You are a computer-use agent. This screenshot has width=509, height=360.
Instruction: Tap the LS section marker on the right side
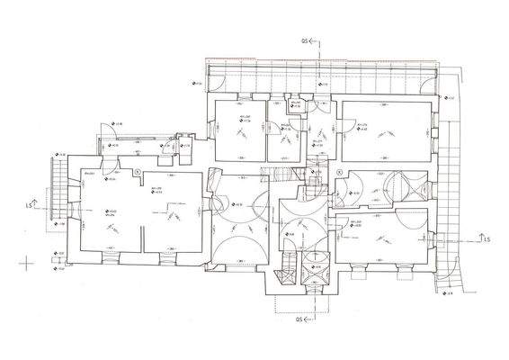coord(486,239)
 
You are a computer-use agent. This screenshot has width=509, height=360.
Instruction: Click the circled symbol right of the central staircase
coord(339,169)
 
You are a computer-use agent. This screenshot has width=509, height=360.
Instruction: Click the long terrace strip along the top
coord(324,81)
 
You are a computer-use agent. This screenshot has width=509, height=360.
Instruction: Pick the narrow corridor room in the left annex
coord(135,148)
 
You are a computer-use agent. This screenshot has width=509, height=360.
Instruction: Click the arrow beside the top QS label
coord(313,41)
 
